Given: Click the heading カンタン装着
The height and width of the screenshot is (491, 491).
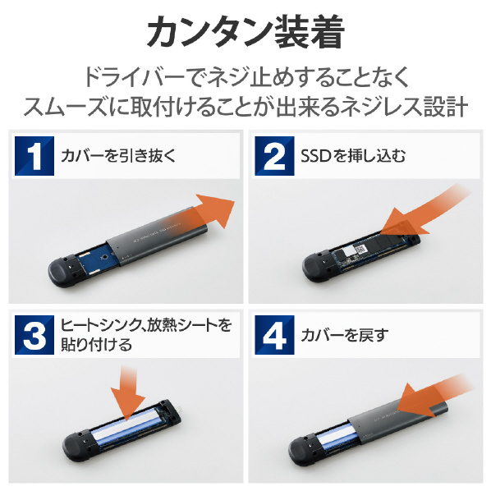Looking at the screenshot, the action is coord(246,32).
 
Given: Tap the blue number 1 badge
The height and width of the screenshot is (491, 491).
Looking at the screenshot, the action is coord(34,156).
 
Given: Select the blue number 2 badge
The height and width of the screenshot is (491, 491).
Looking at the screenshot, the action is coord(274,156).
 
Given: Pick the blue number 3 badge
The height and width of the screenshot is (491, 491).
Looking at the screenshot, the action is coord(34,335).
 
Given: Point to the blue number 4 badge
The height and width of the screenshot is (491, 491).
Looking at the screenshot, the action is coord(274,335).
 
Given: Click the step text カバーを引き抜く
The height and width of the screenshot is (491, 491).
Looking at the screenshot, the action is coord(118,156).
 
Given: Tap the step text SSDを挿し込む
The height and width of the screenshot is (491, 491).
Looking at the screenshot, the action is coord(353,156).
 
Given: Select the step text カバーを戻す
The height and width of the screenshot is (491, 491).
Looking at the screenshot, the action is coord(345,335).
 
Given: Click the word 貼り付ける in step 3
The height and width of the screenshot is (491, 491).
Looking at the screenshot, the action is coord(96,345).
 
